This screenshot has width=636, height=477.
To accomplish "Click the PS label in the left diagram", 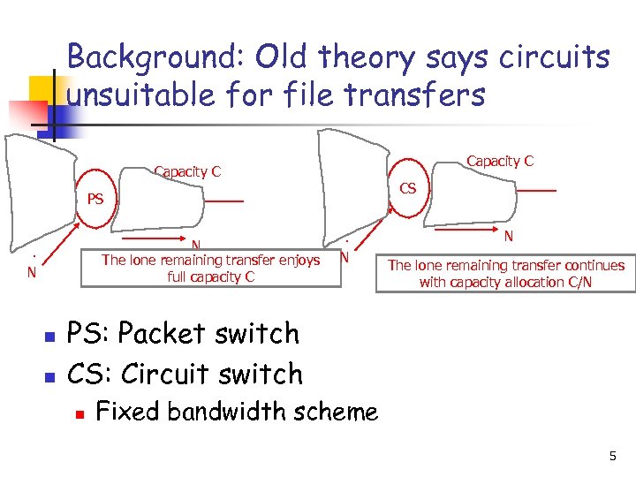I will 95,199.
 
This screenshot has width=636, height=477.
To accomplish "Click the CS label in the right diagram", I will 408,188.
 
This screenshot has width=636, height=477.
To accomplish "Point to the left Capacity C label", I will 187,171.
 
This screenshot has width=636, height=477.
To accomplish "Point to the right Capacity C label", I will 500,161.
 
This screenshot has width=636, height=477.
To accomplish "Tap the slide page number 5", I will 612,456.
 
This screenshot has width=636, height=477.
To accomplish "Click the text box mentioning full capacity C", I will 210,269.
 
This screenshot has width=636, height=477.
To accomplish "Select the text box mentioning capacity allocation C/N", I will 506,274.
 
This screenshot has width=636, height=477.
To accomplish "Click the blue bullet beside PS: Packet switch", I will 49,337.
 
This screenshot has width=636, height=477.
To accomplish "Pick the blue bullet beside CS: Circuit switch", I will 49,377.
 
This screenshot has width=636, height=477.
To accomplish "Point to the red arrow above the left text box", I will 155,238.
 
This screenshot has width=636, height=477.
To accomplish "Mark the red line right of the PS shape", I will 223,201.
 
